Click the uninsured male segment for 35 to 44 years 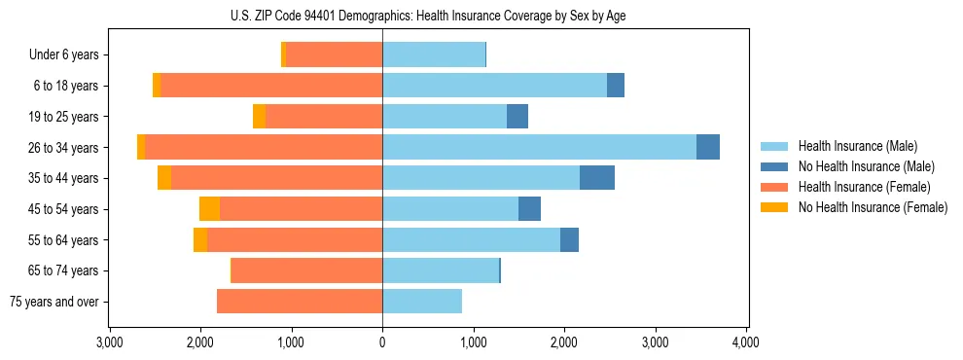pos(597,178)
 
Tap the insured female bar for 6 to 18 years pos(271,86)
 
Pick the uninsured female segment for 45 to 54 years pos(209,209)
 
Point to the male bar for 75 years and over pos(422,302)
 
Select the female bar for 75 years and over pos(300,302)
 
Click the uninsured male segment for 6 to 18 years pos(616,86)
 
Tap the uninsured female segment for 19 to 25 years pos(259,117)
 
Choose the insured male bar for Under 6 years pos(434,54)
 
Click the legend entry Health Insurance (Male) pos(857,146)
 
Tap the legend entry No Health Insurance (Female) pos(873,207)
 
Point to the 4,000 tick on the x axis pos(746,342)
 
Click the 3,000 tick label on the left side pos(109,342)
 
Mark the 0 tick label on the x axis pos(382,342)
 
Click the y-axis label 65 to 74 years pos(65,270)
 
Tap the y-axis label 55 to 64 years pos(65,240)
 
